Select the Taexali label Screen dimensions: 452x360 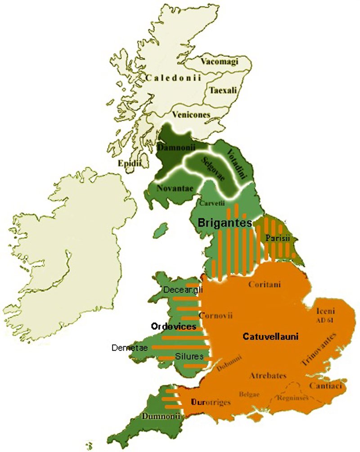point(221,90)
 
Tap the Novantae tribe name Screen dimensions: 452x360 point(172,188)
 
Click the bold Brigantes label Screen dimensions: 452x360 point(224,222)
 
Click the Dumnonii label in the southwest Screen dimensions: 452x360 point(155,416)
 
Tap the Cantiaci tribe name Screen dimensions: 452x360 point(326,386)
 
